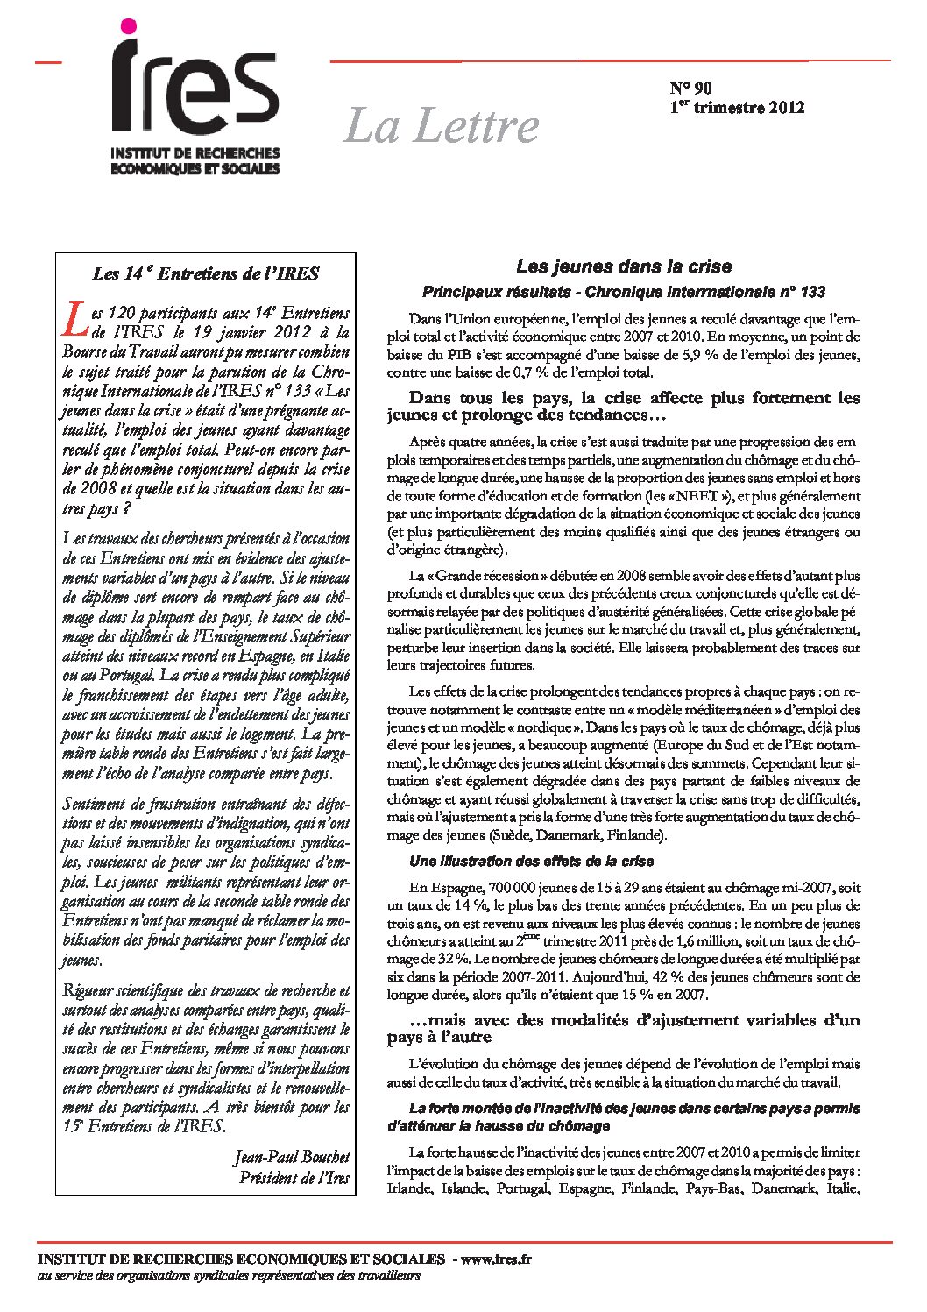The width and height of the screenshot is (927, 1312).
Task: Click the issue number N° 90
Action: coord(691,88)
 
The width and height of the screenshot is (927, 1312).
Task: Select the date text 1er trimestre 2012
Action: coord(737,108)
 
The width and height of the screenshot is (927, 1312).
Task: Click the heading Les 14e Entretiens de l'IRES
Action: coord(206,273)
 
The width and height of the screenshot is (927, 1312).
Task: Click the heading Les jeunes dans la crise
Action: coord(623,266)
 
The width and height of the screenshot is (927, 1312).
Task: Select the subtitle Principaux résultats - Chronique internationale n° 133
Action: coord(623,291)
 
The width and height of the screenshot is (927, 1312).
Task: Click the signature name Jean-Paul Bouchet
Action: coord(292,1157)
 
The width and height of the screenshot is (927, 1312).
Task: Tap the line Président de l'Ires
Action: coord(294,1177)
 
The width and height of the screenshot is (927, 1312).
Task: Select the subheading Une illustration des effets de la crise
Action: coord(531,861)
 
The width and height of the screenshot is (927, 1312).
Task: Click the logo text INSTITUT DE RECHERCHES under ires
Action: coord(195,154)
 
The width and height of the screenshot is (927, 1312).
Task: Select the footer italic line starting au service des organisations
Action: coord(229,1276)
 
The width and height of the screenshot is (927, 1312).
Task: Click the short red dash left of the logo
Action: coord(47,62)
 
